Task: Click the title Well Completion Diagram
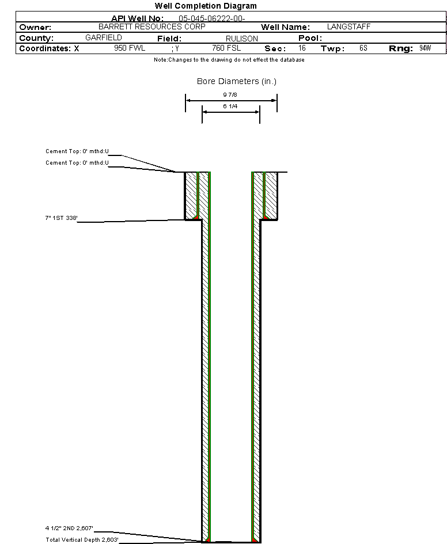(206, 6)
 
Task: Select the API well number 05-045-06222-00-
(212, 18)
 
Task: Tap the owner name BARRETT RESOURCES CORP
(152, 26)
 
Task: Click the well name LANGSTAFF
(348, 26)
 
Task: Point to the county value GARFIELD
(104, 37)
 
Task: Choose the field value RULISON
(242, 39)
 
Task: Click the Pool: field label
(310, 38)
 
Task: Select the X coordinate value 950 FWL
(130, 48)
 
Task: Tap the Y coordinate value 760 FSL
(226, 48)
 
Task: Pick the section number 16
(302, 48)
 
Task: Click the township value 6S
(363, 48)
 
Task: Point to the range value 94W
(425, 48)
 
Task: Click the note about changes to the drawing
(229, 60)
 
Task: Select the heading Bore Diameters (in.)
(237, 81)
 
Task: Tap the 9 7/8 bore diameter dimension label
(230, 95)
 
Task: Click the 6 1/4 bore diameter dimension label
(230, 106)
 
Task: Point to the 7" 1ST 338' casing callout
(62, 218)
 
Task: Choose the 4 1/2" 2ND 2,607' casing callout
(69, 528)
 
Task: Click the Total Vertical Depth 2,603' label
(82, 539)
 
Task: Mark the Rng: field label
(401, 48)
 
